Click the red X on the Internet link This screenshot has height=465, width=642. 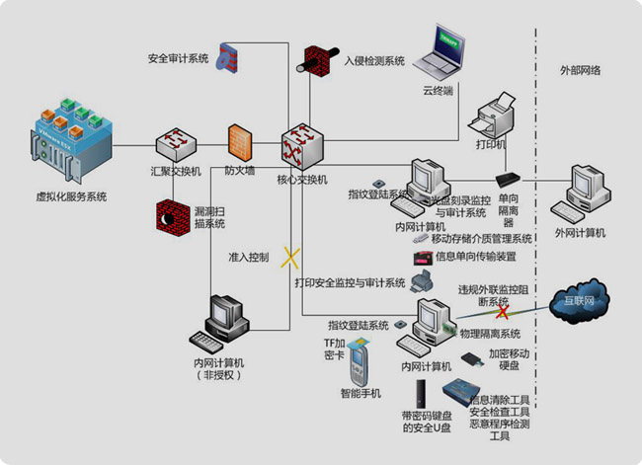503,312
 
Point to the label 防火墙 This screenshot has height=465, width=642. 240,171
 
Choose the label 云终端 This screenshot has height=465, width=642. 438,91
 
